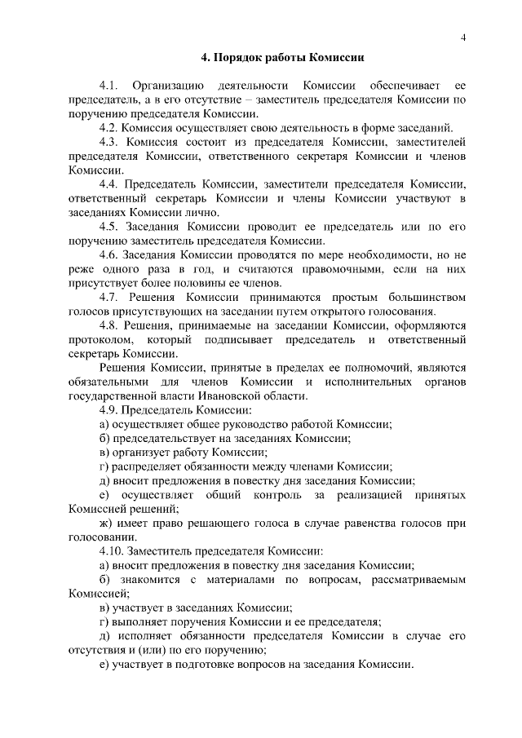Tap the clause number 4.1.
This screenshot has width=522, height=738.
(108, 86)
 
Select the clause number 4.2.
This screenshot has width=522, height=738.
(108, 128)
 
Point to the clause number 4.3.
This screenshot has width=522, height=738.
(108, 143)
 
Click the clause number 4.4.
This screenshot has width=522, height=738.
(108, 184)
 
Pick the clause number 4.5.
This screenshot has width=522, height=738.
(108, 227)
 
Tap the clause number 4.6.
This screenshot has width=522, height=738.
(108, 255)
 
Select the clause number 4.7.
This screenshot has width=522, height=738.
(108, 298)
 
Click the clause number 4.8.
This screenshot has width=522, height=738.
(108, 326)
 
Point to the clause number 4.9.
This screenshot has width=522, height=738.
(108, 410)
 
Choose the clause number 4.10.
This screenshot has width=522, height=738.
(112, 551)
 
